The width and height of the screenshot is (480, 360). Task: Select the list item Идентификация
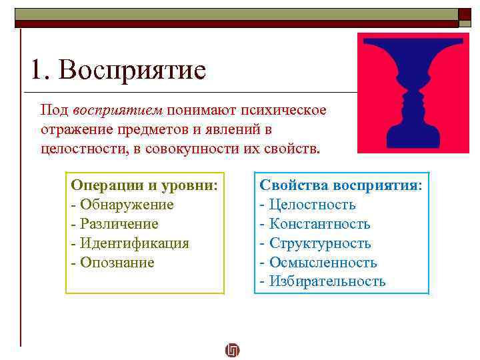133,243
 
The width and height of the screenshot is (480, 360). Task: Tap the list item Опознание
117,263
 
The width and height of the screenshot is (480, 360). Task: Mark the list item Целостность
311,205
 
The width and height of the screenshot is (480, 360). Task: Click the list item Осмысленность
322,263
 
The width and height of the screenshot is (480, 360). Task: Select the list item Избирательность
327,281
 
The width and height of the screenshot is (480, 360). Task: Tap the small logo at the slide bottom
232,350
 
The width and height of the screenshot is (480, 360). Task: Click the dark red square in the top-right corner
465,15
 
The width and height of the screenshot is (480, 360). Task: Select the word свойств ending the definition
293,146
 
